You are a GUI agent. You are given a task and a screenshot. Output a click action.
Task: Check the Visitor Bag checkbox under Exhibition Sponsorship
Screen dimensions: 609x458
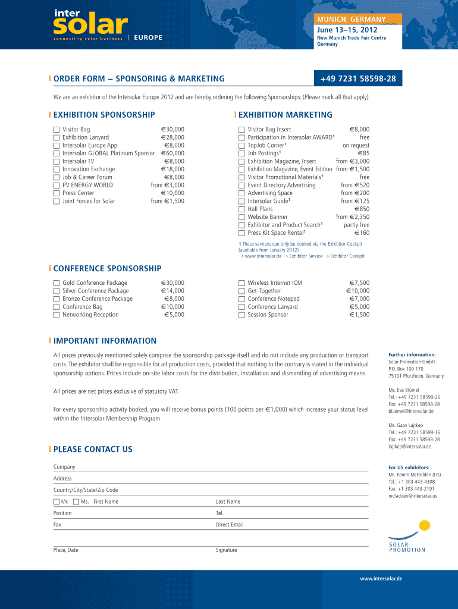pyautogui.click(x=57, y=129)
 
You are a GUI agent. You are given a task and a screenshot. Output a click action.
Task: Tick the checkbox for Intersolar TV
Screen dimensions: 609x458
pyautogui.click(x=57, y=161)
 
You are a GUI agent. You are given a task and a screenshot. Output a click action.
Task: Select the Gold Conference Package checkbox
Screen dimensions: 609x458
pyautogui.click(x=57, y=283)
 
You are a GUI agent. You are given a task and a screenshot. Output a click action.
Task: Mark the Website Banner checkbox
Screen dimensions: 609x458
pyautogui.click(x=241, y=217)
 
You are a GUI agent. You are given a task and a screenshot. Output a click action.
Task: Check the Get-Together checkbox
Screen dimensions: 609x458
pyautogui.click(x=241, y=291)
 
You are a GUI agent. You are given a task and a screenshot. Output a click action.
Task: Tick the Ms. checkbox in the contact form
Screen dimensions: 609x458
pyautogui.click(x=76, y=501)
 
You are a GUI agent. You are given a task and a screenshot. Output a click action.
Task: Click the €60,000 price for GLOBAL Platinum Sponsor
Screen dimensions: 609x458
pyautogui.click(x=172, y=153)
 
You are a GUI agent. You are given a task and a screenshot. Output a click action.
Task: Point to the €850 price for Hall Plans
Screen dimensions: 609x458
pyautogui.click(x=362, y=209)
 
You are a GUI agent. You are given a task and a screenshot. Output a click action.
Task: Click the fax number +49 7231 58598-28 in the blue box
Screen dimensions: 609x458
pyautogui.click(x=357, y=79)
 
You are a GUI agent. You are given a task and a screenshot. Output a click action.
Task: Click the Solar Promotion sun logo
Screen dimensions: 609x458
pyautogui.click(x=424, y=526)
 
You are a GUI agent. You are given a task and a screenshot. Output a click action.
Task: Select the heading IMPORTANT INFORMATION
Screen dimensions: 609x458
pyautogui.click(x=105, y=341)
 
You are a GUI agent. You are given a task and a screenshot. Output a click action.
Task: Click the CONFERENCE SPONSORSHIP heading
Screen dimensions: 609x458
pyautogui.click(x=107, y=269)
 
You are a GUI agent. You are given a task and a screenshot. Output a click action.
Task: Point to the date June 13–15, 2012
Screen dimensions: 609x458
pyautogui.click(x=347, y=30)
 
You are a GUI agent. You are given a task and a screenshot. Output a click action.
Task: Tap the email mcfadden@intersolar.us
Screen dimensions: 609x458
pyautogui.click(x=413, y=495)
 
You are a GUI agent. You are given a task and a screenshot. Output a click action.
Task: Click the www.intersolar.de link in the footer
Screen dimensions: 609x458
pyautogui.click(x=381, y=579)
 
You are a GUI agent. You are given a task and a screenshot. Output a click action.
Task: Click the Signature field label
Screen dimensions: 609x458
pyautogui.click(x=226, y=550)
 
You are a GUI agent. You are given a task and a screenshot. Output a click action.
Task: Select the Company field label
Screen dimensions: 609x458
pyautogui.click(x=64, y=467)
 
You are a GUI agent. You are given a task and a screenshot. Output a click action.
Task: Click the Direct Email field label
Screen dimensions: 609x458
pyautogui.click(x=230, y=525)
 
